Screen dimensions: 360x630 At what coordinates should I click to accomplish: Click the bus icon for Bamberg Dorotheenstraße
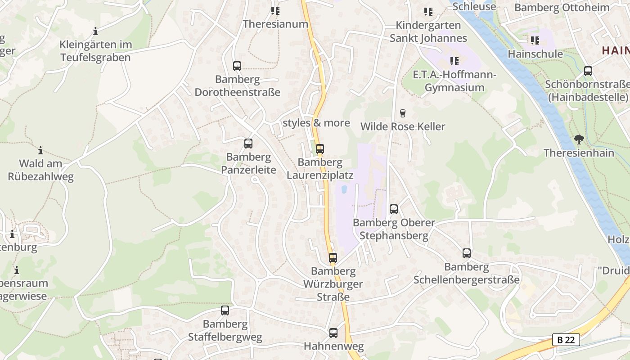coord(237,66)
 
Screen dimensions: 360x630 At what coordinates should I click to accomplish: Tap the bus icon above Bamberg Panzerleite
coord(248,144)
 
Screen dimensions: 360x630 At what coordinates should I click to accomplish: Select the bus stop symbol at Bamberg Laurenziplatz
coord(319,148)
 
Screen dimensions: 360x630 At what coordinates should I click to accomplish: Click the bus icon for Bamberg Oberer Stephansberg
coord(394,209)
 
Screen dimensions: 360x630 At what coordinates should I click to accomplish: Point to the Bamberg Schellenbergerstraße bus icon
coord(467,253)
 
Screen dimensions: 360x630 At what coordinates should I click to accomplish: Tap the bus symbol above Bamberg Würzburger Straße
coord(333,258)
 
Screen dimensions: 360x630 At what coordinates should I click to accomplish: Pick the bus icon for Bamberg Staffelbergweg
coord(225,310)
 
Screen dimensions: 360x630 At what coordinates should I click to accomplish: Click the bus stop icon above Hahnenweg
coord(333,333)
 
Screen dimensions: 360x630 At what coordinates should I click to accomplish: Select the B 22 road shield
coord(566,340)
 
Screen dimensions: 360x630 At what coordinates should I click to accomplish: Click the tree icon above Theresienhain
coord(579,139)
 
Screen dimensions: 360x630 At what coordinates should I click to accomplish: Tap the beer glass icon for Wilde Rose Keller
coord(403,113)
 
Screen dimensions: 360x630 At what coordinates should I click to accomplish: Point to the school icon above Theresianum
coord(275,10)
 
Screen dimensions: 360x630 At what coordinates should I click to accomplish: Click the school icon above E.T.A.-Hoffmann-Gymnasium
coord(454,61)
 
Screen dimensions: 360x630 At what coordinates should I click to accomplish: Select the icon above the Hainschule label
coord(535,40)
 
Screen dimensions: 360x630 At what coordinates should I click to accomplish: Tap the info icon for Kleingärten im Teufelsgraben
coord(95,31)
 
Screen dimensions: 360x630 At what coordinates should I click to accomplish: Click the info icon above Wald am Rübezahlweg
coord(40,150)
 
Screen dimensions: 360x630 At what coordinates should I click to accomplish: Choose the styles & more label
coord(316,123)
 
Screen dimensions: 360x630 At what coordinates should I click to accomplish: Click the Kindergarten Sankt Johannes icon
coord(428,11)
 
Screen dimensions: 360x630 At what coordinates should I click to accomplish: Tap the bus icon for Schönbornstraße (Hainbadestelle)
coord(588,71)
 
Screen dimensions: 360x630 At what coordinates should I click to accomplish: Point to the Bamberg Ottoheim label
coord(562,8)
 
